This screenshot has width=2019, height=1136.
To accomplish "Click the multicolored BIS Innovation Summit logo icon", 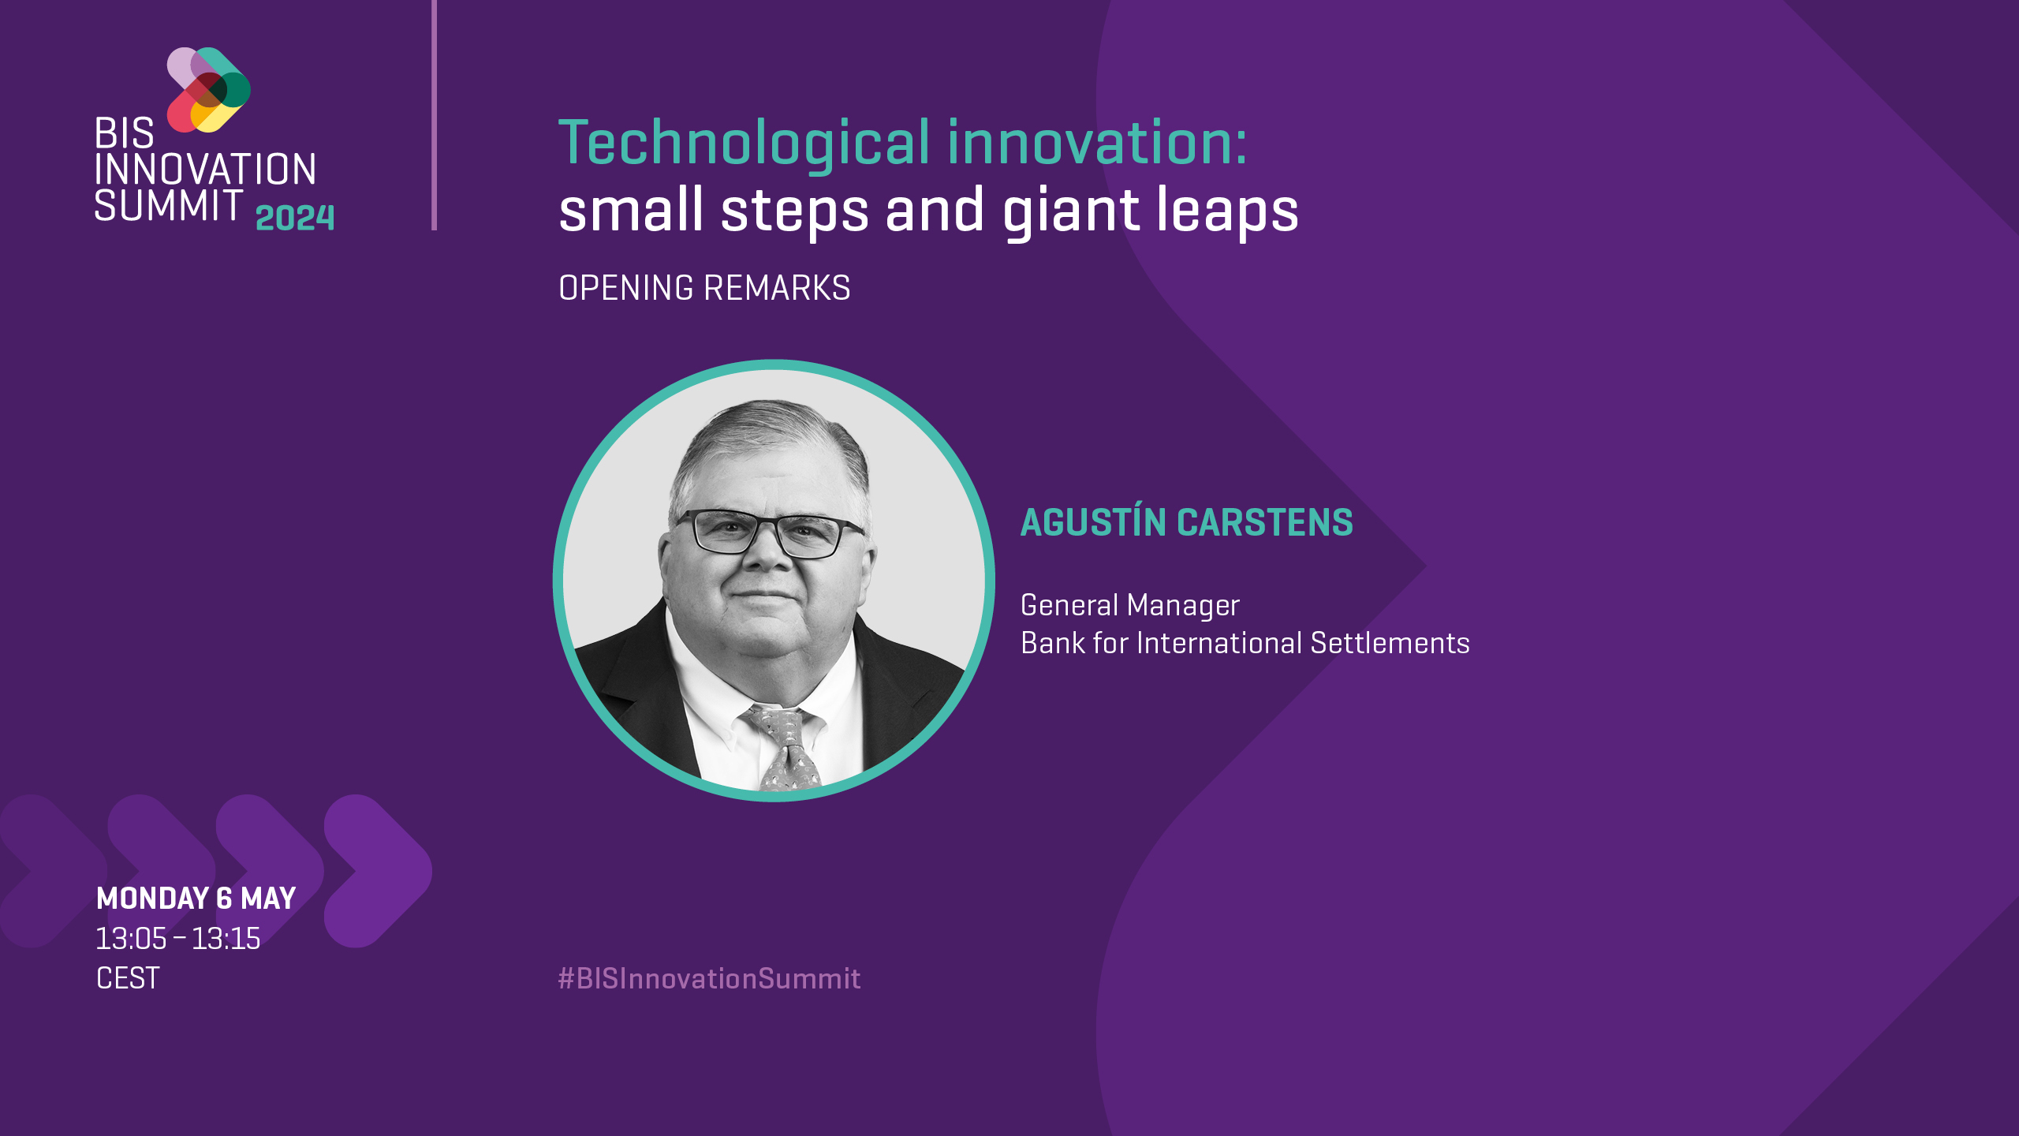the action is point(209,90).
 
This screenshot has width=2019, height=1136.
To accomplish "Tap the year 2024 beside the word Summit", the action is point(295,218).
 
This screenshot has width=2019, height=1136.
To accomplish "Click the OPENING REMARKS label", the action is point(704,288).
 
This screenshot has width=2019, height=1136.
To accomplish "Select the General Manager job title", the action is point(1130,606).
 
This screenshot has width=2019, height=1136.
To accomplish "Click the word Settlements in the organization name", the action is point(1390,643).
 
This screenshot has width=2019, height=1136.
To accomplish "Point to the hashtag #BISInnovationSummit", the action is point(709,978).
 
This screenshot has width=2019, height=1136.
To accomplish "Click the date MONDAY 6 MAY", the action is point(196,899).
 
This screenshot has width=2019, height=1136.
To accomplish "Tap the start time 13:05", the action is point(131,939).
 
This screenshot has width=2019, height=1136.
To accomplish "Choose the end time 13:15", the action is point(226,939).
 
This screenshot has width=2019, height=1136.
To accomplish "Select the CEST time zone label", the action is point(128,978).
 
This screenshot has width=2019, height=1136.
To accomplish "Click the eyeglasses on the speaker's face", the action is point(769,532).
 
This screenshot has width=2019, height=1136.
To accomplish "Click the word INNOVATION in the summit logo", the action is point(205,170).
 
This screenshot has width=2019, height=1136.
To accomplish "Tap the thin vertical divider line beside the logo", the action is point(434,115).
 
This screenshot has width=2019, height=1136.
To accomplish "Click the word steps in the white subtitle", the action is point(794,211).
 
